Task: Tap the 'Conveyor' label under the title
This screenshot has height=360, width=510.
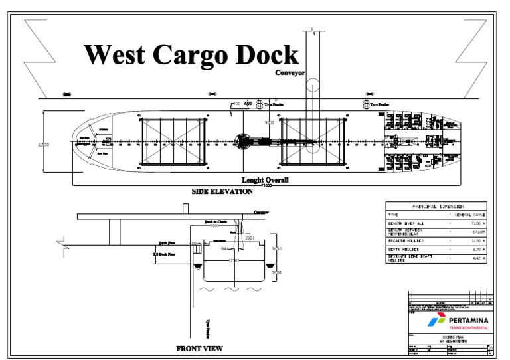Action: tap(290, 73)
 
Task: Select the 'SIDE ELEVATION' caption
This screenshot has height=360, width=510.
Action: tap(222, 191)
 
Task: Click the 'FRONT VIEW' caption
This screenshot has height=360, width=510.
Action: tap(199, 348)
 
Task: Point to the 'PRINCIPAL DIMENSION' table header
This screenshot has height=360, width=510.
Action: tap(436, 206)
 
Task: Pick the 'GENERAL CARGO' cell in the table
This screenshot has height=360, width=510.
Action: tap(470, 215)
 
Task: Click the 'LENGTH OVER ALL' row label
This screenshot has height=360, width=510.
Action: tap(406, 224)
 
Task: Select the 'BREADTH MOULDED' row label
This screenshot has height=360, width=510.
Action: tap(406, 240)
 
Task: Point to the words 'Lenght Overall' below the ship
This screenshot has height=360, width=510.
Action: tap(266, 179)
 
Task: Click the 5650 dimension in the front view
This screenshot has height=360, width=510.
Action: tap(278, 248)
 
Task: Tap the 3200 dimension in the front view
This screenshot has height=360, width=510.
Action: tap(278, 272)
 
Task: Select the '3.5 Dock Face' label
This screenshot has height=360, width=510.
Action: tap(163, 254)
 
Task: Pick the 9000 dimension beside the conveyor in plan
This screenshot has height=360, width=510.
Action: tap(270, 123)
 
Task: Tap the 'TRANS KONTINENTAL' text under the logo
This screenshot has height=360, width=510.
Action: tap(468, 329)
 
